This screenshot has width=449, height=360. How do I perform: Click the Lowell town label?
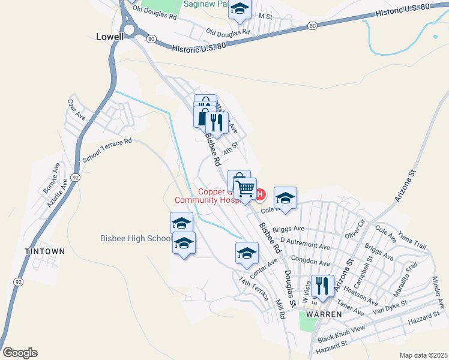click(x=110, y=36)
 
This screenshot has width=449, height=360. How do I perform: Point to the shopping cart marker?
click(x=246, y=189)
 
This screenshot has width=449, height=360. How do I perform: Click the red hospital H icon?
click(x=261, y=194)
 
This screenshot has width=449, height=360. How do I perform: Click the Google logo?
click(x=20, y=353)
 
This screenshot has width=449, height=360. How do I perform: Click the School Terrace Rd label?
click(x=107, y=150)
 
